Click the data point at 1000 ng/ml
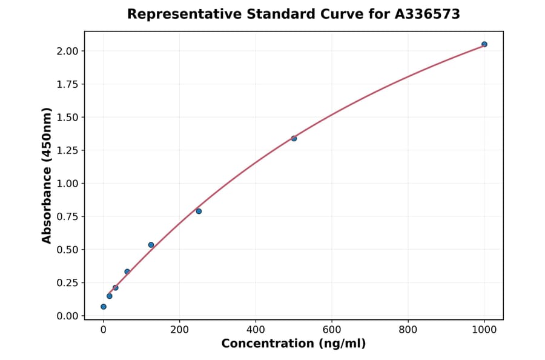pyautogui.click(x=484, y=44)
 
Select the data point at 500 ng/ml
pyautogui.click(x=294, y=138)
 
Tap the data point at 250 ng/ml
pyautogui.click(x=199, y=211)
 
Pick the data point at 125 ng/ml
pyautogui.click(x=151, y=245)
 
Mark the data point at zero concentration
pyautogui.click(x=104, y=307)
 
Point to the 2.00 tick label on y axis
pyautogui.click(x=67, y=51)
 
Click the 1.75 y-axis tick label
pyautogui.click(x=67, y=84)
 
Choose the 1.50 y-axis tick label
pyautogui.click(x=67, y=117)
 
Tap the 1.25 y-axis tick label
pyautogui.click(x=67, y=150)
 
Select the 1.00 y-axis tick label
pyautogui.click(x=67, y=184)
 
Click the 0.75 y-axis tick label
pyautogui.click(x=67, y=216)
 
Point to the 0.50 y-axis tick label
pyautogui.click(x=67, y=250)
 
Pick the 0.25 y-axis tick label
pyautogui.click(x=67, y=282)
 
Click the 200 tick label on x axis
pyautogui.click(x=179, y=330)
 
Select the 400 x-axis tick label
pyautogui.click(x=256, y=330)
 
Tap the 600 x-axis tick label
pyautogui.click(x=332, y=330)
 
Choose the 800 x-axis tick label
pyautogui.click(x=408, y=330)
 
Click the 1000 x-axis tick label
pyautogui.click(x=484, y=330)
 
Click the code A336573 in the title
pyautogui.click(x=426, y=14)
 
